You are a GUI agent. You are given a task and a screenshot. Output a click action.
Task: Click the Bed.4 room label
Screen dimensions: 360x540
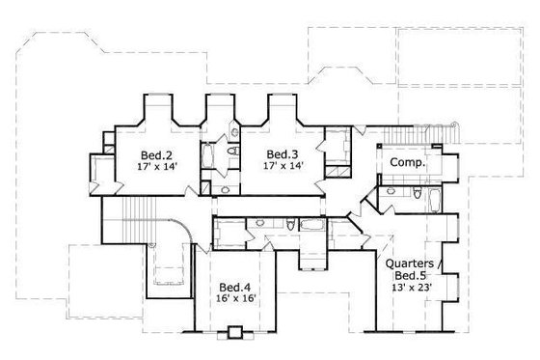coord(234,288)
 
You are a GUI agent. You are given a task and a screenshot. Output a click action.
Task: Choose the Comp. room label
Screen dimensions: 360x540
coord(409,164)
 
